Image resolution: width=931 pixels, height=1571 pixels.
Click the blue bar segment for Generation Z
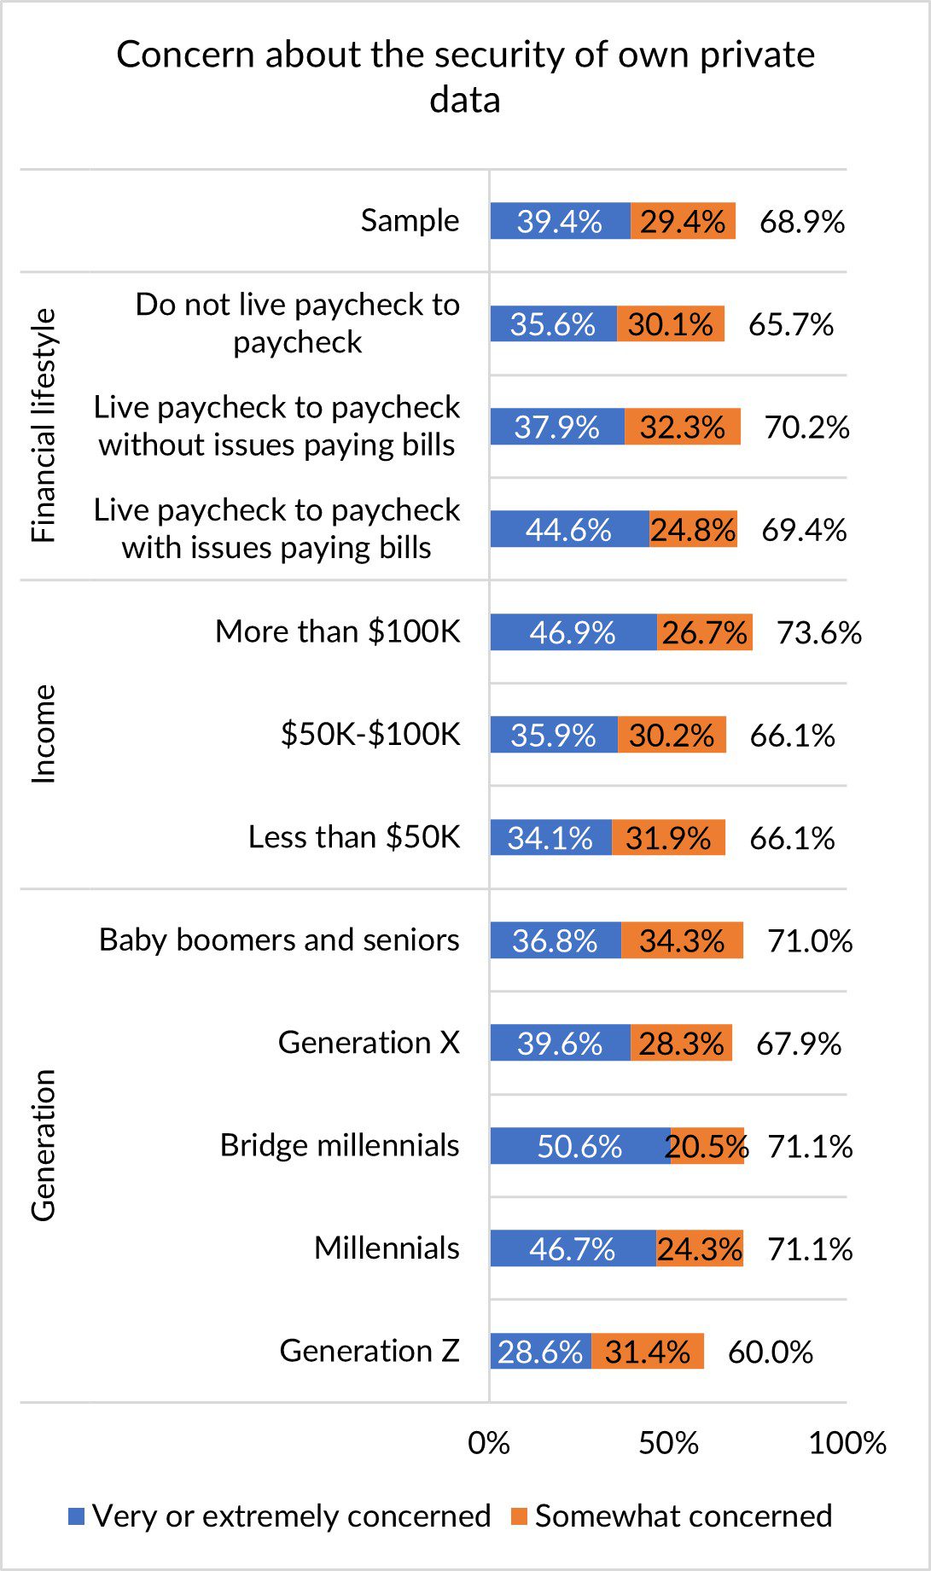tap(540, 1351)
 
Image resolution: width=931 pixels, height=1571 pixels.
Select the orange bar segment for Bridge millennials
tap(707, 1145)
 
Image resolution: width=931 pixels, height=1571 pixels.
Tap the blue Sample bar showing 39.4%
tap(560, 221)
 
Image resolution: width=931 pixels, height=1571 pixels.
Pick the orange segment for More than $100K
tap(705, 632)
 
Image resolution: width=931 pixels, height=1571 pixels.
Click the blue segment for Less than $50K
tap(550, 837)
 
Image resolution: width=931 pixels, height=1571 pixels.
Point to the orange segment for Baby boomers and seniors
tap(682, 940)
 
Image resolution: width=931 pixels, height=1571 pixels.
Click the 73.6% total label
tap(819, 632)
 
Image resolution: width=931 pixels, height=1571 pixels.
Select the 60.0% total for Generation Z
tap(770, 1352)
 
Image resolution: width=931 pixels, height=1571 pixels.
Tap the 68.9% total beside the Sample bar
tap(802, 222)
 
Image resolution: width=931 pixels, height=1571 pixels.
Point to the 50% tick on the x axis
tap(668, 1443)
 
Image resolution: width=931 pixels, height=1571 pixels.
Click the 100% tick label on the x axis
tap(847, 1443)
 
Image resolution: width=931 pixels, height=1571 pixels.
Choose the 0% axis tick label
tap(489, 1443)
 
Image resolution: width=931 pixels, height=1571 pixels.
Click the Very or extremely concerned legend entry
tap(280, 1516)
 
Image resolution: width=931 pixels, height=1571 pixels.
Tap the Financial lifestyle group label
tap(43, 426)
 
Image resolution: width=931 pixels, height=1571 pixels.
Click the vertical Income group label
tap(43, 734)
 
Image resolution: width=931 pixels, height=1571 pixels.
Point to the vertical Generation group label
tap(43, 1145)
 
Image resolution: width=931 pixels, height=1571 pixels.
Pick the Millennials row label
tap(387, 1248)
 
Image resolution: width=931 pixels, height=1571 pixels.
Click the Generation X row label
tap(369, 1042)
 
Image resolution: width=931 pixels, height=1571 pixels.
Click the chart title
tap(465, 77)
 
